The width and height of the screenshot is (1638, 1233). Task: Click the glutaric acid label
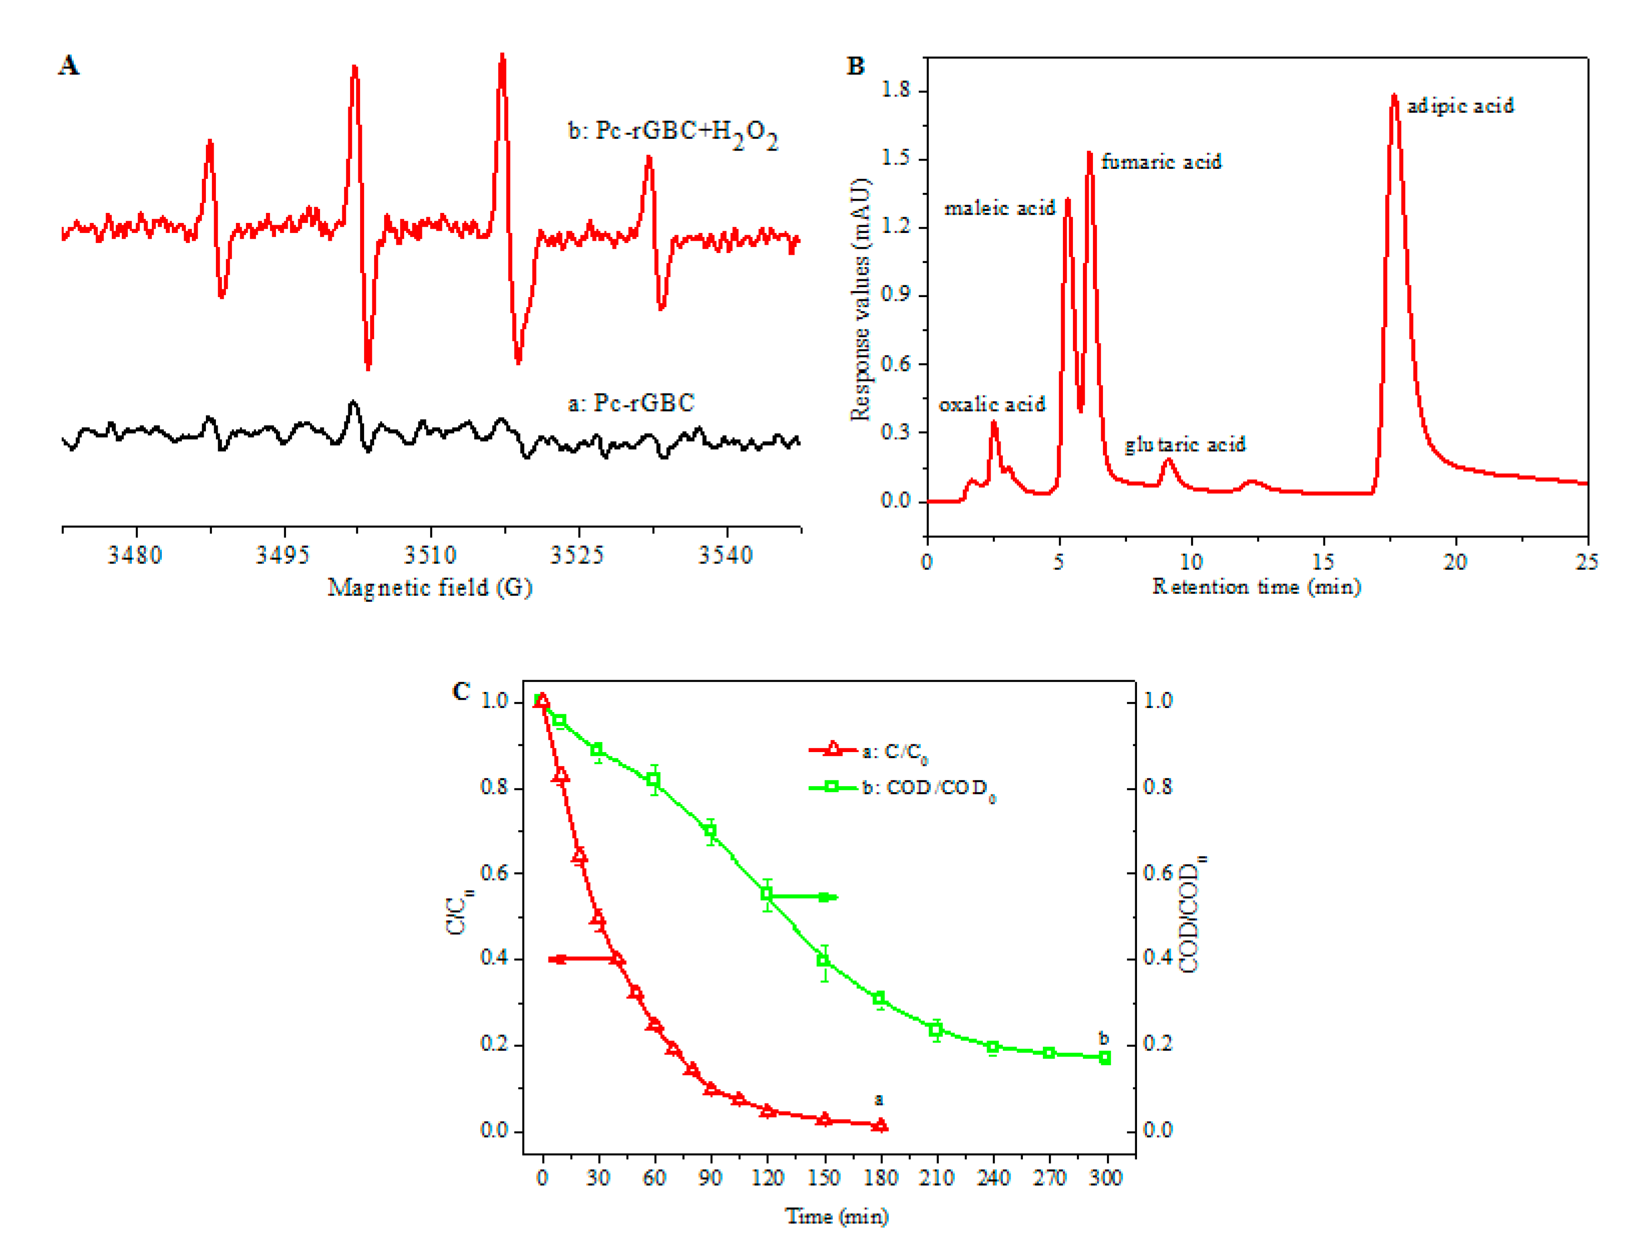[x=1185, y=445]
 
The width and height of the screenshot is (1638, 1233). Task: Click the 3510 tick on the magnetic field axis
[x=430, y=555]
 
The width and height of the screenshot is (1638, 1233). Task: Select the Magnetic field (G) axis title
[x=430, y=587]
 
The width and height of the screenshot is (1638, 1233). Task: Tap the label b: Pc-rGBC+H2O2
[x=672, y=133]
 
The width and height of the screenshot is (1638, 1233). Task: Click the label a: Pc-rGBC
[x=631, y=403]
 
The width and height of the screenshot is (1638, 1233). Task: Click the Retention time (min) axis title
[x=1257, y=587]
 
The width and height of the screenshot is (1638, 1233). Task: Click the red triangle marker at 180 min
[x=880, y=1125]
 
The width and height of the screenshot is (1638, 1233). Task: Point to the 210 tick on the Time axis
[x=936, y=1178]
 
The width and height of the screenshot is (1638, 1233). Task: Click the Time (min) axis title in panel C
[x=837, y=1216]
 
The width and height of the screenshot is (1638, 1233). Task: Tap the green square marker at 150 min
[x=823, y=960]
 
